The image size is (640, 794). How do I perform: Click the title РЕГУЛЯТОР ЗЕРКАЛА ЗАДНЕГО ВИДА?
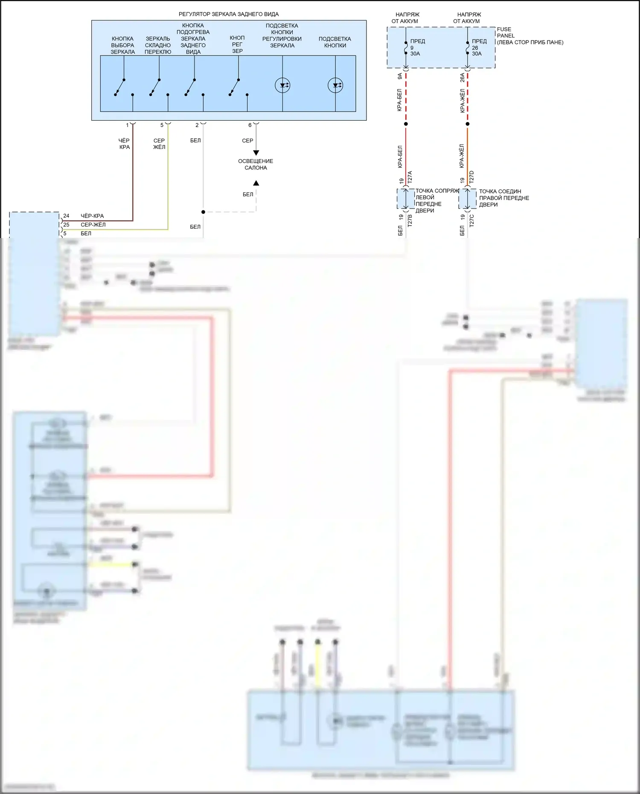pos(228,14)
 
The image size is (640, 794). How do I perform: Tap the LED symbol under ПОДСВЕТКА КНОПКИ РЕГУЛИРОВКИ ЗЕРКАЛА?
pos(282,85)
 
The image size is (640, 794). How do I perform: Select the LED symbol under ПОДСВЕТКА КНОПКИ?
pos(335,85)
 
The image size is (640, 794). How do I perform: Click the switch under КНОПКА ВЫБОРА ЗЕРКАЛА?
pos(120,87)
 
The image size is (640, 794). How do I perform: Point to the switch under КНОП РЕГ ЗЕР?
pos(234,87)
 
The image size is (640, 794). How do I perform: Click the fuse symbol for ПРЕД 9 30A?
pos(406,48)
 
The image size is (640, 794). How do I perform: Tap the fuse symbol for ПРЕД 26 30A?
pos(468,48)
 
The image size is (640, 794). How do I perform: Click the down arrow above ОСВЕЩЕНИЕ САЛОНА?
pos(256,152)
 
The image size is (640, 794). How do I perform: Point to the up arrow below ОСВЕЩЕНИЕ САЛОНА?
pos(256,183)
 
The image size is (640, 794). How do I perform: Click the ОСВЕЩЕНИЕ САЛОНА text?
pos(256,164)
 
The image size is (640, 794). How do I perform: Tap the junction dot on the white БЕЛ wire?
pos(203,212)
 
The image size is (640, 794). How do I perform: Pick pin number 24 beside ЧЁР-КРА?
pos(66,216)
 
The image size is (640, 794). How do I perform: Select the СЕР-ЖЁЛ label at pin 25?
pos(93,225)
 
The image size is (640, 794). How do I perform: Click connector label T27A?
pos(410,177)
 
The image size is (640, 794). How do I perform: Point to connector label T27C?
pos(471,221)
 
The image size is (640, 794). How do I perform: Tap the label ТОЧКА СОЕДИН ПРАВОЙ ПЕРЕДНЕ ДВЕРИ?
pos(503,198)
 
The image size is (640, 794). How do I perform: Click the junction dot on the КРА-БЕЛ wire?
pos(406,124)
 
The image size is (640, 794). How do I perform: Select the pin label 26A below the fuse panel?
pos(463,77)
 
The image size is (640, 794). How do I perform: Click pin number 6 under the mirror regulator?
pos(250,125)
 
